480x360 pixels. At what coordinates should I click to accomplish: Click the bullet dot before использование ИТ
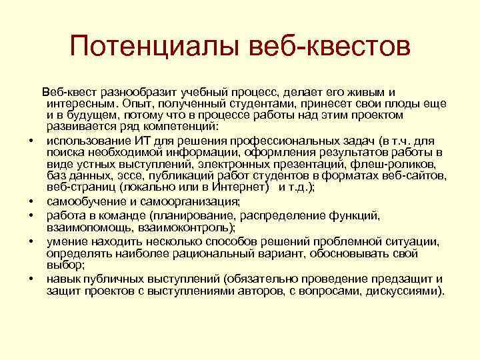coord(31,141)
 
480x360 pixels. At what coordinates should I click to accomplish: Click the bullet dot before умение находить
coord(31,242)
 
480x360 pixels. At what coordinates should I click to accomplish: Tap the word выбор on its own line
coord(62,265)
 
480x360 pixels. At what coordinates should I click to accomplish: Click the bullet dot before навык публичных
coord(31,279)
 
